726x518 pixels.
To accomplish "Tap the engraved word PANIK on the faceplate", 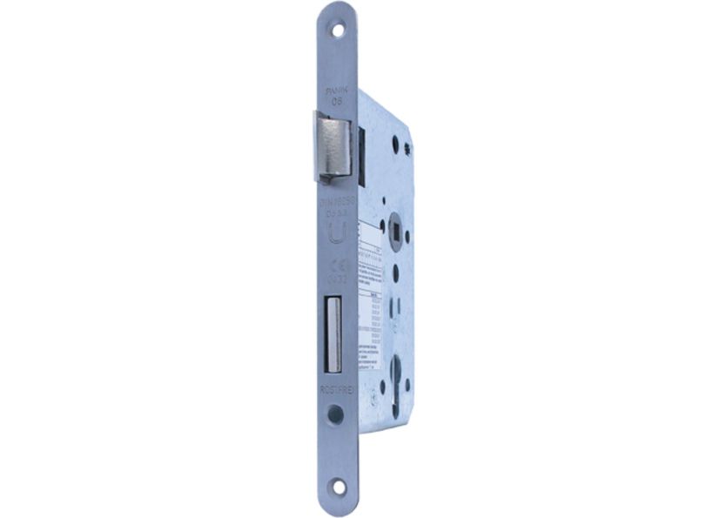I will point(337,89).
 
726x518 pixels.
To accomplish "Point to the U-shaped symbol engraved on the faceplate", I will point(336,232).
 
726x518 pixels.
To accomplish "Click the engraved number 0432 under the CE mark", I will point(336,280).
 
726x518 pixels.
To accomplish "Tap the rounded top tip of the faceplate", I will point(338,7).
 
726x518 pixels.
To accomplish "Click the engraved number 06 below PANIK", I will point(337,101).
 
